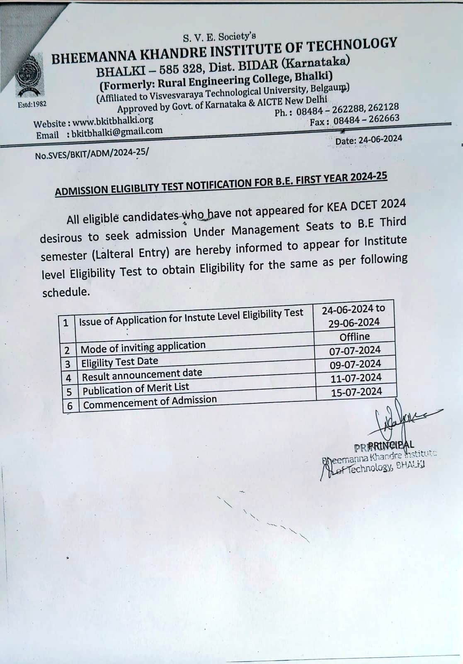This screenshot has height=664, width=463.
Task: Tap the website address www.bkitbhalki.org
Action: pyautogui.click(x=113, y=121)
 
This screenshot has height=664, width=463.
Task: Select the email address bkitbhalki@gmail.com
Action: pyautogui.click(x=117, y=132)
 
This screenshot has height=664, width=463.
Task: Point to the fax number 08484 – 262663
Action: pyautogui.click(x=366, y=119)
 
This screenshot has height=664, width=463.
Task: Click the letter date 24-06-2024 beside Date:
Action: pyautogui.click(x=380, y=139)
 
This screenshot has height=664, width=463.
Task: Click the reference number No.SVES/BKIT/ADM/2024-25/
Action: pyautogui.click(x=92, y=154)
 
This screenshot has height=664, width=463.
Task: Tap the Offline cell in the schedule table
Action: pyautogui.click(x=354, y=337)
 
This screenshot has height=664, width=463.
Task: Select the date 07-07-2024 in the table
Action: pyautogui.click(x=355, y=350)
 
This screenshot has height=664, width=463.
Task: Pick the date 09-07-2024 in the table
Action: pyautogui.click(x=355, y=364)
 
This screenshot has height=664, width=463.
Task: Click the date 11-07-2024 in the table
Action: pyautogui.click(x=356, y=378)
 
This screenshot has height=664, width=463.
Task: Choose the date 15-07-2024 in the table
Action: pyautogui.click(x=356, y=392)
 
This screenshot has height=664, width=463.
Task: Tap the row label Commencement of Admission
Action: pyautogui.click(x=150, y=402)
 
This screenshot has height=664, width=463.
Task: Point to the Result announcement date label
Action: pyautogui.click(x=142, y=375)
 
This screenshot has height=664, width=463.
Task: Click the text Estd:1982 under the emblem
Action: pyautogui.click(x=32, y=104)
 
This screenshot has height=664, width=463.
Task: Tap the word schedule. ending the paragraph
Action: pyautogui.click(x=66, y=292)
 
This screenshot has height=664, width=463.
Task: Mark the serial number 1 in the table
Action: pyautogui.click(x=66, y=322)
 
